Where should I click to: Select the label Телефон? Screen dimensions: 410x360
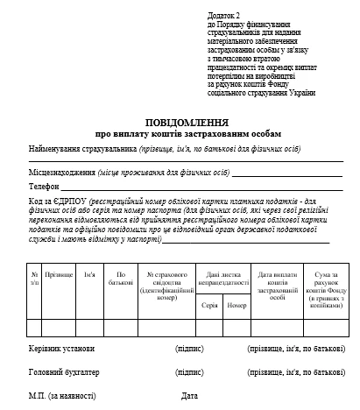coord(44,187)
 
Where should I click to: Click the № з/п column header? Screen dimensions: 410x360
coord(34,278)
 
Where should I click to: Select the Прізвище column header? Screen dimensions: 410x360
coord(59,274)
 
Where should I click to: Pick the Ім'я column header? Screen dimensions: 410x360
coord(89,274)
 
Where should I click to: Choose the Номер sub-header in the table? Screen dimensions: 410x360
coord(236,305)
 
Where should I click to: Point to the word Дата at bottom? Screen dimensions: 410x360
coord(189,397)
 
